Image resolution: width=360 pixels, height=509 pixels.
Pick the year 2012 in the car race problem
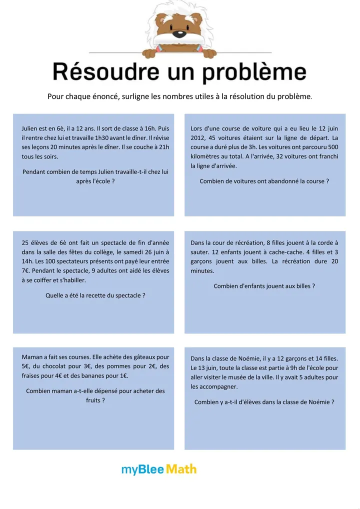pyautogui.click(x=198, y=138)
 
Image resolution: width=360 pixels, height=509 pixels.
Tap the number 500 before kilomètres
pyautogui.click(x=332, y=147)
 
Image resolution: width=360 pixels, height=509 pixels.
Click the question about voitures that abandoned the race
pyautogui.click(x=264, y=181)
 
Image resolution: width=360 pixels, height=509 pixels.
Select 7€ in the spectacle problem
pyautogui.click(x=27, y=271)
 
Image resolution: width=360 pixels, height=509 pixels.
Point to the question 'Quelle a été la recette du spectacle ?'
pyautogui.click(x=95, y=295)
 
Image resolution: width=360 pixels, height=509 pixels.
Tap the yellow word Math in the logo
pyautogui.click(x=181, y=469)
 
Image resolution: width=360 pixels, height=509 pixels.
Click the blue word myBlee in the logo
pyautogui.click(x=142, y=470)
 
